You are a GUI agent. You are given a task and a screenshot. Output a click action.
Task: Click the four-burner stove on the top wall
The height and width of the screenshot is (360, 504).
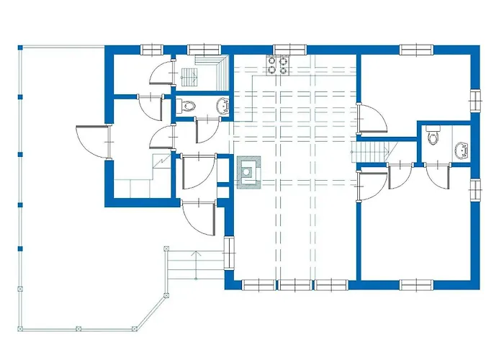279,66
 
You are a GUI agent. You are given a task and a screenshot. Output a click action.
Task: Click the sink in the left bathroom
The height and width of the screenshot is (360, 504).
222,107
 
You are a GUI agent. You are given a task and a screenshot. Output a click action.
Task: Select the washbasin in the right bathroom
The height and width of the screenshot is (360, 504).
460,150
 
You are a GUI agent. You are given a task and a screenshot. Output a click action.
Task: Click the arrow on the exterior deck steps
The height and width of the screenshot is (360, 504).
194,253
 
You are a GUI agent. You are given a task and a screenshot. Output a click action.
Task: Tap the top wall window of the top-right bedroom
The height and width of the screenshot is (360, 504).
416,50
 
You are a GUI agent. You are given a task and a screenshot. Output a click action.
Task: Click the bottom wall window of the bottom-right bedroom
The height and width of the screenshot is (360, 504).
416,284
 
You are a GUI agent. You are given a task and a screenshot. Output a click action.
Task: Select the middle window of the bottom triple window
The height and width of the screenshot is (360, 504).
295,285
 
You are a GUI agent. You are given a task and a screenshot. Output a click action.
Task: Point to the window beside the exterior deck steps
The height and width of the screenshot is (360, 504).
230,253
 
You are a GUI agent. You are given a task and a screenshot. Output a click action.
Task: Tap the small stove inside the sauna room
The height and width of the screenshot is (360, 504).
189,76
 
